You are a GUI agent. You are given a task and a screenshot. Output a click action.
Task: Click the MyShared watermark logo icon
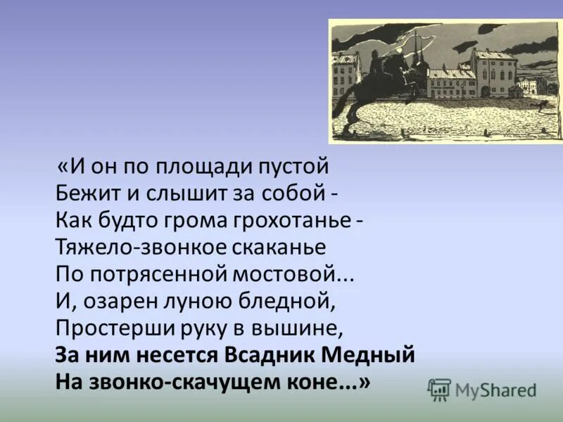click(439, 389)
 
